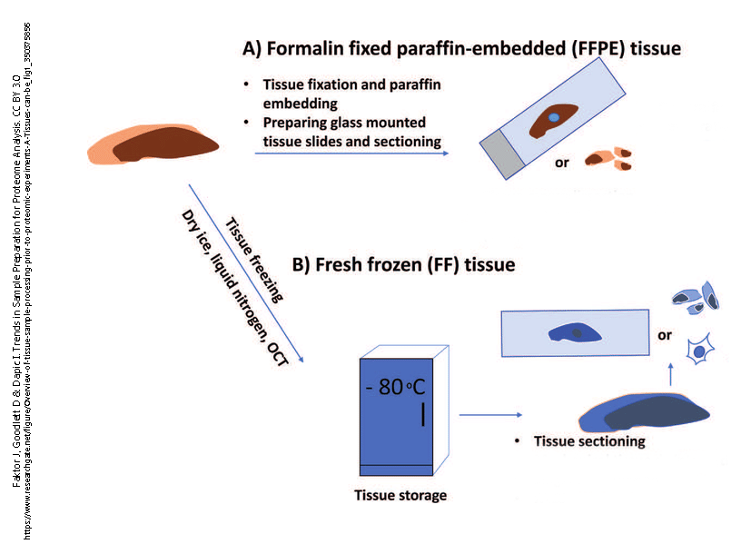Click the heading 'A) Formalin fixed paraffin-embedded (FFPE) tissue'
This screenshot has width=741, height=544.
click(460, 47)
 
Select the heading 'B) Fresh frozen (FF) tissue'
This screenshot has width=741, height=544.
click(403, 265)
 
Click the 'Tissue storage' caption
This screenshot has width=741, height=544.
click(400, 495)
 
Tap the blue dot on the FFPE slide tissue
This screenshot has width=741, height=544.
click(553, 118)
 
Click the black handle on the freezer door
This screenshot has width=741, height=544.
click(422, 413)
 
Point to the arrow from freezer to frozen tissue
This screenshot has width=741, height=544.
click(490, 416)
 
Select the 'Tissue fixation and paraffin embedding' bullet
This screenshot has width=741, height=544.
click(351, 93)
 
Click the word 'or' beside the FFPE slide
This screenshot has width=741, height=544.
click(562, 163)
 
